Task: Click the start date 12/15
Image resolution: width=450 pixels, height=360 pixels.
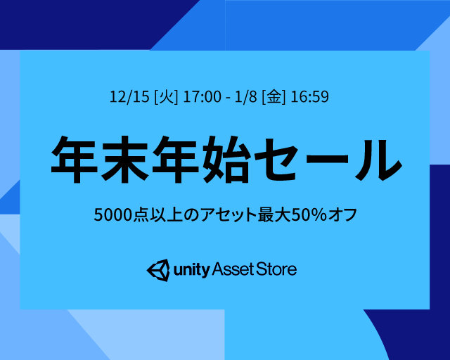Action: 129,96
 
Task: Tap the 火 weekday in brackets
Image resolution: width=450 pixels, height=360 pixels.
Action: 166,97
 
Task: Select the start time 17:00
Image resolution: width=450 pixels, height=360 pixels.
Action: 202,96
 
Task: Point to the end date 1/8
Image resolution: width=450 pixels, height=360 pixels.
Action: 246,96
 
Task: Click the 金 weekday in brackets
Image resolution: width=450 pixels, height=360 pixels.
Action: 274,97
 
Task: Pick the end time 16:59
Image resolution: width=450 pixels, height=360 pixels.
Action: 309,96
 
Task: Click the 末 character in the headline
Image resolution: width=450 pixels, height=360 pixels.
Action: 124,159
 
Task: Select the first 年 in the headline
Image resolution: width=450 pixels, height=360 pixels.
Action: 74,159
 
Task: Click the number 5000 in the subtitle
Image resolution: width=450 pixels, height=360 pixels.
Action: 112,214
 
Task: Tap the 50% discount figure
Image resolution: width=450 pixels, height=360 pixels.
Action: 309,214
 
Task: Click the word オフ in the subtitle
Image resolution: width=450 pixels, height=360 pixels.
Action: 342,214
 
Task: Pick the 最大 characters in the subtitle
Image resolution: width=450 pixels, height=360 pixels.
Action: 274,214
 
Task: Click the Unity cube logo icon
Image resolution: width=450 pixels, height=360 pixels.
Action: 158,270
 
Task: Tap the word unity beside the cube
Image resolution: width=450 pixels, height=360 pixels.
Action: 191,270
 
